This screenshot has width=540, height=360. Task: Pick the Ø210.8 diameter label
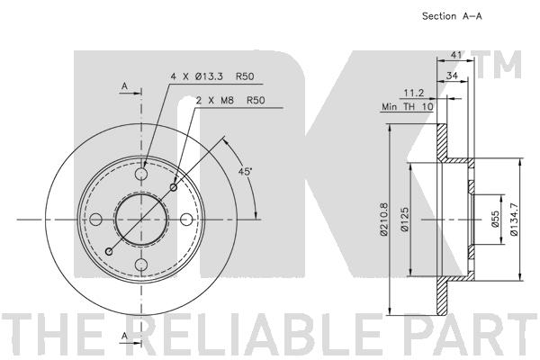(384, 220)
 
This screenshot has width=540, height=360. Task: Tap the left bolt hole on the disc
(96, 219)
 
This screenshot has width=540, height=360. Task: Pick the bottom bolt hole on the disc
(141, 264)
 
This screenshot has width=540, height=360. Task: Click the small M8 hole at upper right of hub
(174, 187)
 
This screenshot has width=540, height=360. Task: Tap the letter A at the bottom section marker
(124, 336)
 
